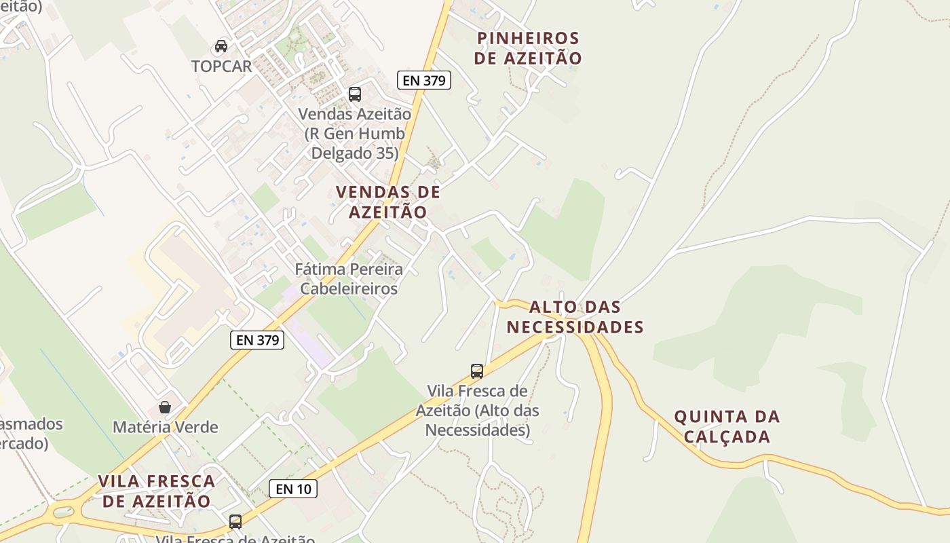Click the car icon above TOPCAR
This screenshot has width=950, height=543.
pyautogui.click(x=221, y=46)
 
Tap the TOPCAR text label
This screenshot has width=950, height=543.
pyautogui.click(x=221, y=67)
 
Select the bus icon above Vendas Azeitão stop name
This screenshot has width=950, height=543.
pyautogui.click(x=355, y=94)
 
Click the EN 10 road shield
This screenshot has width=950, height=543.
pyautogui.click(x=293, y=488)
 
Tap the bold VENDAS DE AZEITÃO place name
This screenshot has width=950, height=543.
pyautogui.click(x=388, y=202)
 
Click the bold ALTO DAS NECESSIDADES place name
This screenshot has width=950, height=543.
pyautogui.click(x=575, y=317)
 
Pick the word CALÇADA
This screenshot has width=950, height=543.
pyautogui.click(x=727, y=436)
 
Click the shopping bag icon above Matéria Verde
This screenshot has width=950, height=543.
pyautogui.click(x=165, y=407)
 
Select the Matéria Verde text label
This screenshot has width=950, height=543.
pyautogui.click(x=165, y=428)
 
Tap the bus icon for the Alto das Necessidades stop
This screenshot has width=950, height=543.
pyautogui.click(x=477, y=371)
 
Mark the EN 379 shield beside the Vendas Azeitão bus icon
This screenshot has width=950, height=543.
pyautogui.click(x=424, y=81)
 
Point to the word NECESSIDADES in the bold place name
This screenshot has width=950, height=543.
pyautogui.click(x=575, y=327)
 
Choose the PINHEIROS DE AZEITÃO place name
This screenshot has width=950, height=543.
pyautogui.click(x=528, y=48)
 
